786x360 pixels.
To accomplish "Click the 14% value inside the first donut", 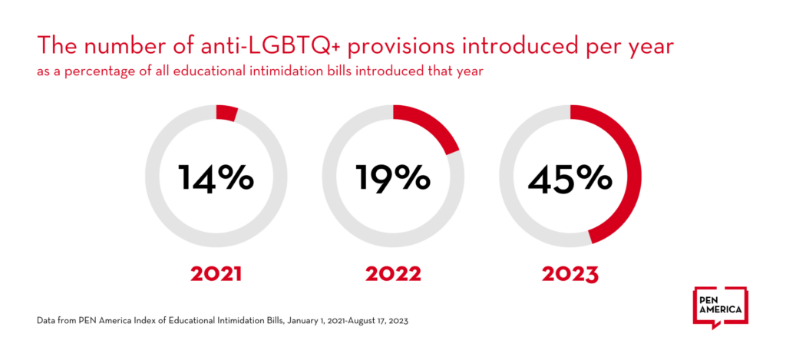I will coord(216,177).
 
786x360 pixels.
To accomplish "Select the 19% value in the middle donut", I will coord(392,177).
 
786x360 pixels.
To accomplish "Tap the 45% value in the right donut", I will coord(570,177).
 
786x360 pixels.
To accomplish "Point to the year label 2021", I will coord(216,274).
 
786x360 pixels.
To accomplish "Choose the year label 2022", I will coord(392,274).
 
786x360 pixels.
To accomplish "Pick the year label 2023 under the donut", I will coord(570,274).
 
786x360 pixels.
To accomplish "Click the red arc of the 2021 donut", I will coord(226,113).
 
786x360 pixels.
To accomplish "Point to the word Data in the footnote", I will coord(44,321).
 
